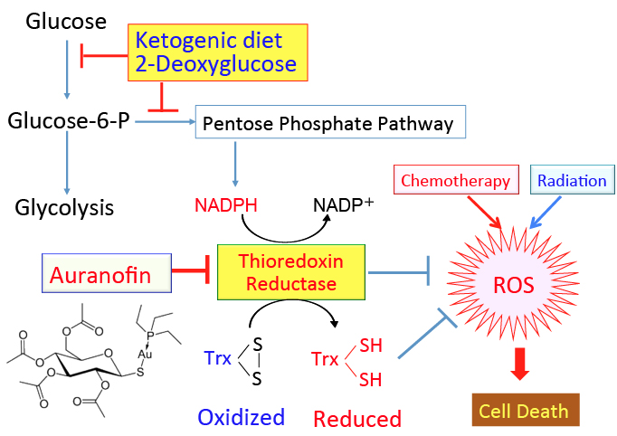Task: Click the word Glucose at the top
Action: [66, 20]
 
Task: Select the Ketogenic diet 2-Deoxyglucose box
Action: [218, 52]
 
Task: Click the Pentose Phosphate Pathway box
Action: [330, 123]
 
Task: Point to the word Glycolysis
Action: [64, 207]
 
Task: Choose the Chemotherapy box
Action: [456, 180]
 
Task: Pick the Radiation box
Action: [572, 180]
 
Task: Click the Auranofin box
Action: [109, 271]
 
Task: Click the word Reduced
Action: [357, 418]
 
